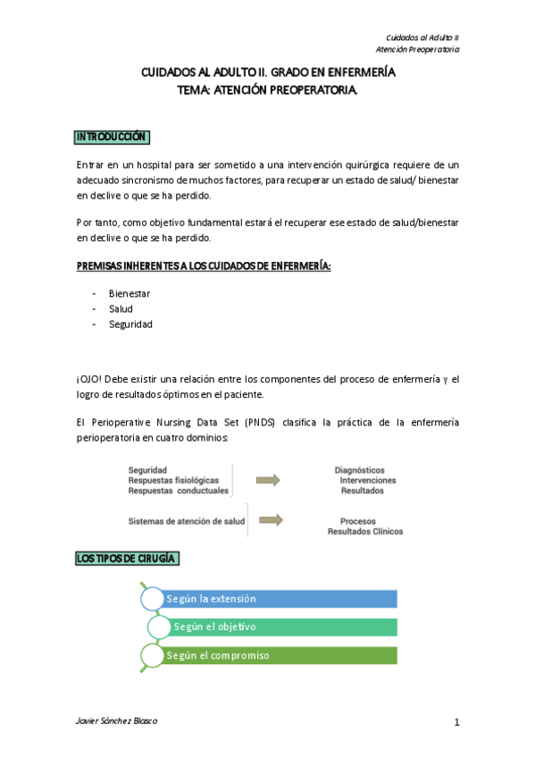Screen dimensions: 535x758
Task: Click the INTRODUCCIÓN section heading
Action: point(112,137)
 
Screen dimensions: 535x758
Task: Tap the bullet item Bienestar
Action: point(130,293)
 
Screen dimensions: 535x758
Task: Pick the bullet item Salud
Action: point(121,308)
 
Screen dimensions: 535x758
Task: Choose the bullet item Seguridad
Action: point(130,324)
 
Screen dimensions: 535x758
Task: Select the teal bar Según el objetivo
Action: point(281,627)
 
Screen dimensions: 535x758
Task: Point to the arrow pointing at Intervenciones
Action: point(267,480)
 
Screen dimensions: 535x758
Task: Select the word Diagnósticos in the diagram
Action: point(360,469)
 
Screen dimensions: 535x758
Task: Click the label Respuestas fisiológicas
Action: point(173,480)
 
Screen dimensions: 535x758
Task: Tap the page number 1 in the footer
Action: point(456,723)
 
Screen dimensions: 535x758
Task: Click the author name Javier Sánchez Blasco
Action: point(117,721)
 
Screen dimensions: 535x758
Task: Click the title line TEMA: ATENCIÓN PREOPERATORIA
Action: point(268,90)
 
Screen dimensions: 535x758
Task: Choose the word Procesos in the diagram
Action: point(357,521)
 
